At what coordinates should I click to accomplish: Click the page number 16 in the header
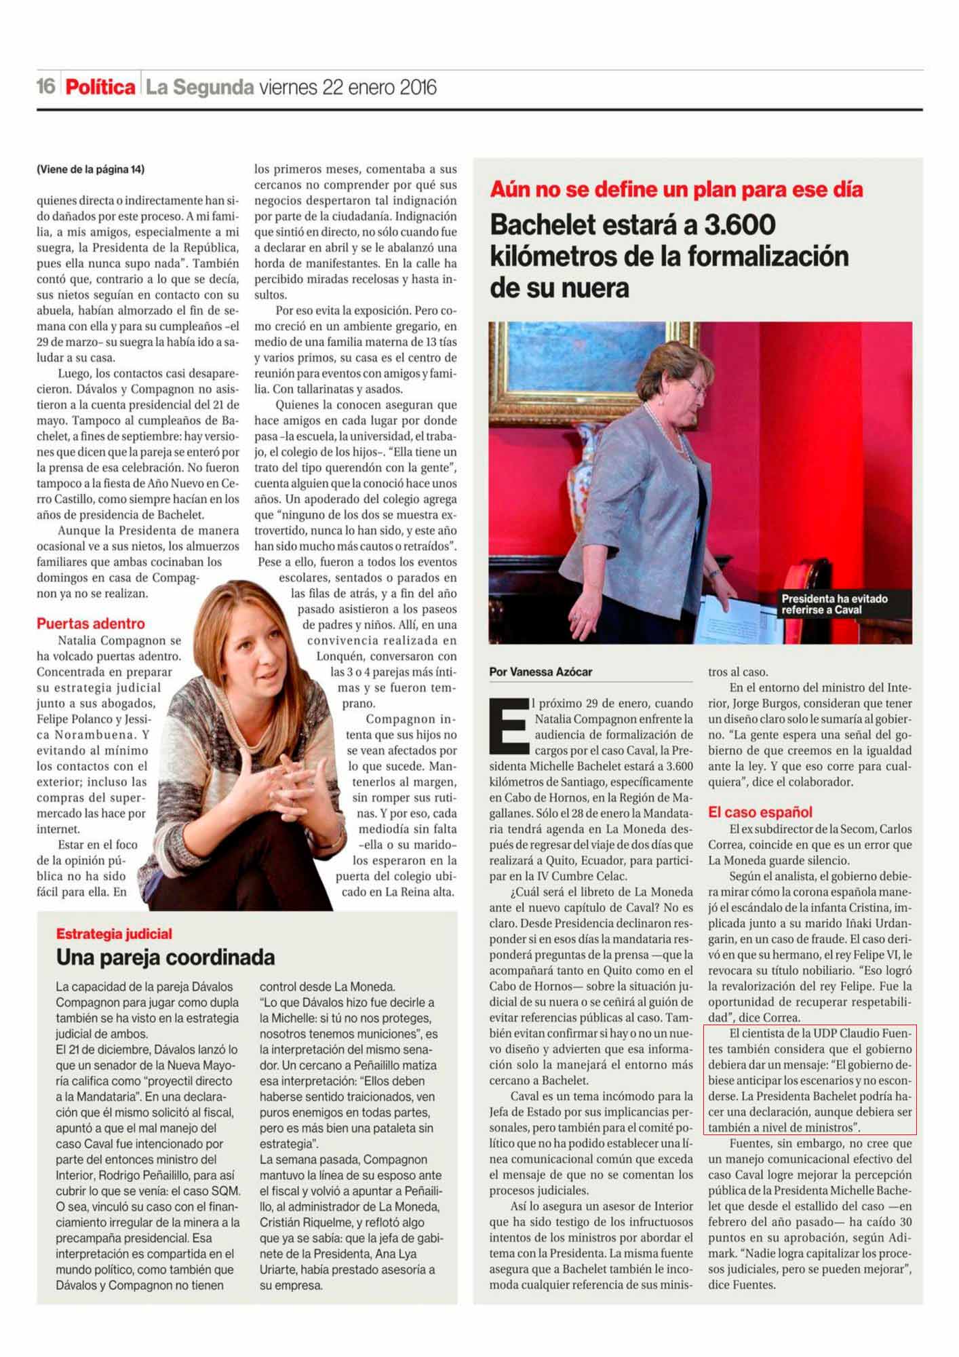45,88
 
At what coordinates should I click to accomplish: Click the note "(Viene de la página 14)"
91,170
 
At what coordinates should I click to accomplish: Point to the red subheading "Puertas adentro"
91,624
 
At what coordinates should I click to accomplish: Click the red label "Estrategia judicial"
114,934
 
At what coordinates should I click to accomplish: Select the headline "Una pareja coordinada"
165,958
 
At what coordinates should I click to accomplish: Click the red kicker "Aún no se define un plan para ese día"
676,189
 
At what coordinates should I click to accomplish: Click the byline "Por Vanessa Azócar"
541,672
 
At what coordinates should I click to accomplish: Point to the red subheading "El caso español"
760,812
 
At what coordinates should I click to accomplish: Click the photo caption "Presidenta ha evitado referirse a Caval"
834,604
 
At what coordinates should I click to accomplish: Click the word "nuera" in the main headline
594,288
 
